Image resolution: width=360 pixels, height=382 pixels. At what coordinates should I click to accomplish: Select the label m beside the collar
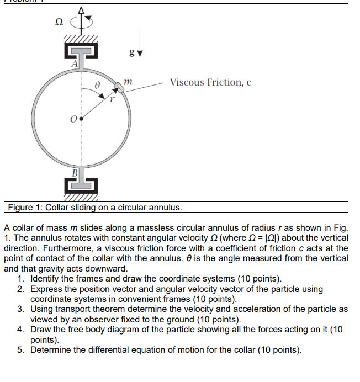click(129, 82)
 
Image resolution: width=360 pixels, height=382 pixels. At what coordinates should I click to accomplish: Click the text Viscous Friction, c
click(210, 82)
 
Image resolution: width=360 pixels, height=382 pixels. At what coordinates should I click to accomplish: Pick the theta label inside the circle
click(96, 85)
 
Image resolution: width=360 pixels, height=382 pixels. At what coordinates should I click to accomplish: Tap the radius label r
click(110, 102)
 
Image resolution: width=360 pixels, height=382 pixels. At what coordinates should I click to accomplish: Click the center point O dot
click(82, 118)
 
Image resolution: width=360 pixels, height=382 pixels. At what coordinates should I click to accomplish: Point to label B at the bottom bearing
click(73, 172)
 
